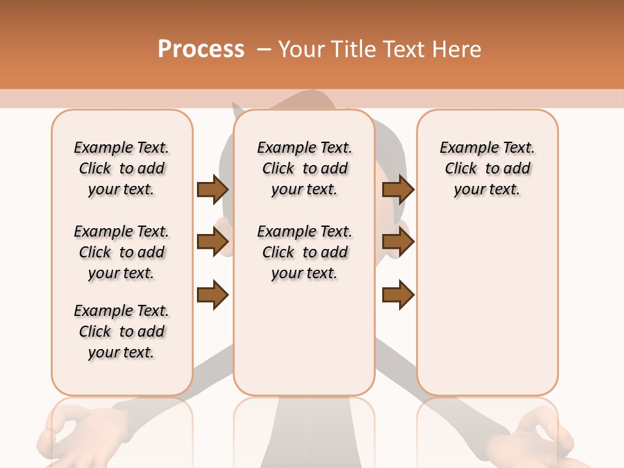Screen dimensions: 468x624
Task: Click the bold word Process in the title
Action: tap(201, 49)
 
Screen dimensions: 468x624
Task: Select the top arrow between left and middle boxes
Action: tap(212, 189)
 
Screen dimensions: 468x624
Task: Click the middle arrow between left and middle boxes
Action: tap(212, 242)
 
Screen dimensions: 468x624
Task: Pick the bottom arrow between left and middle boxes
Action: tap(212, 294)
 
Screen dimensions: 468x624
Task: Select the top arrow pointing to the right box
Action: tap(398, 189)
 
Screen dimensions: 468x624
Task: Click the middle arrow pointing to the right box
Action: tap(398, 242)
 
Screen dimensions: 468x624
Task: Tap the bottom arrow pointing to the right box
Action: tap(398, 294)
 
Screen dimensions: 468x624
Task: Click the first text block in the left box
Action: tap(122, 168)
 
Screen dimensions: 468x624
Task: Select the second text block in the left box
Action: tap(122, 252)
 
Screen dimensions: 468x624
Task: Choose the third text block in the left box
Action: tap(122, 331)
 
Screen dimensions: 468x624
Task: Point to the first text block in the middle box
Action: tap(304, 168)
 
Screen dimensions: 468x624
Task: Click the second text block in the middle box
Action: tap(304, 252)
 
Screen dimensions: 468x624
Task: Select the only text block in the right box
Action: tap(487, 168)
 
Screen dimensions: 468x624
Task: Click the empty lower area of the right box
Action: tap(487, 305)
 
